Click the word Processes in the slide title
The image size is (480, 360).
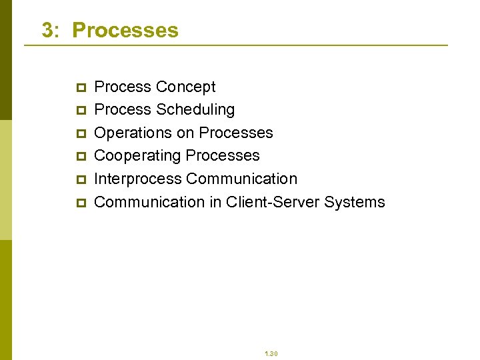[125, 30]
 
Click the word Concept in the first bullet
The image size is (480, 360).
[185, 87]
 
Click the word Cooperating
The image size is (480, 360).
[138, 155]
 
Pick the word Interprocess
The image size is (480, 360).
[138, 179]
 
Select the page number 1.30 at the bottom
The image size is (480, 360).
[271, 353]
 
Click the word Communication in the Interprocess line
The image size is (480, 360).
[242, 179]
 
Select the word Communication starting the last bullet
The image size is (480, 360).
[150, 201]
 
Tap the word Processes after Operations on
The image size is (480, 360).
[236, 133]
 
